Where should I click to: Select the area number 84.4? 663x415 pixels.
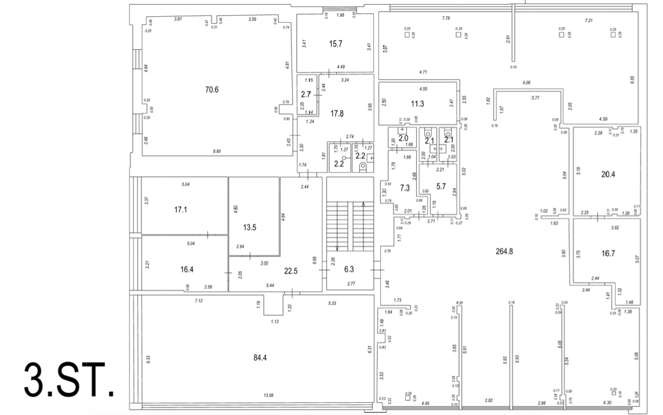point(260,357)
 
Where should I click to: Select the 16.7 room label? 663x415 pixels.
point(606,253)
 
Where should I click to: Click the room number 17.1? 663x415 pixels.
point(181,210)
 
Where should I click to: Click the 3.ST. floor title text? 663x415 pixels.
point(68,381)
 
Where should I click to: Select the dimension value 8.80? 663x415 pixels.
point(217,152)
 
